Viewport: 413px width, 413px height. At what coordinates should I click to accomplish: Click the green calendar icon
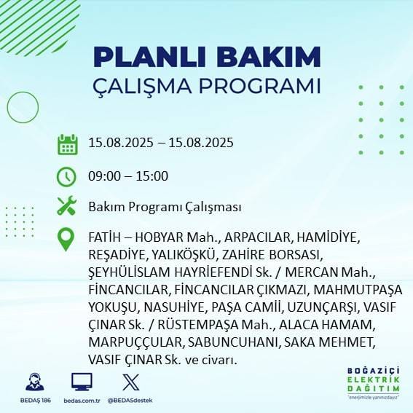coord(67,143)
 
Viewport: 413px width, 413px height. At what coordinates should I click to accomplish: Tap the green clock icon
coord(67,176)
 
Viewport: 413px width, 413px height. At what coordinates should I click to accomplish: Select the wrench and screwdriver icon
coord(67,206)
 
